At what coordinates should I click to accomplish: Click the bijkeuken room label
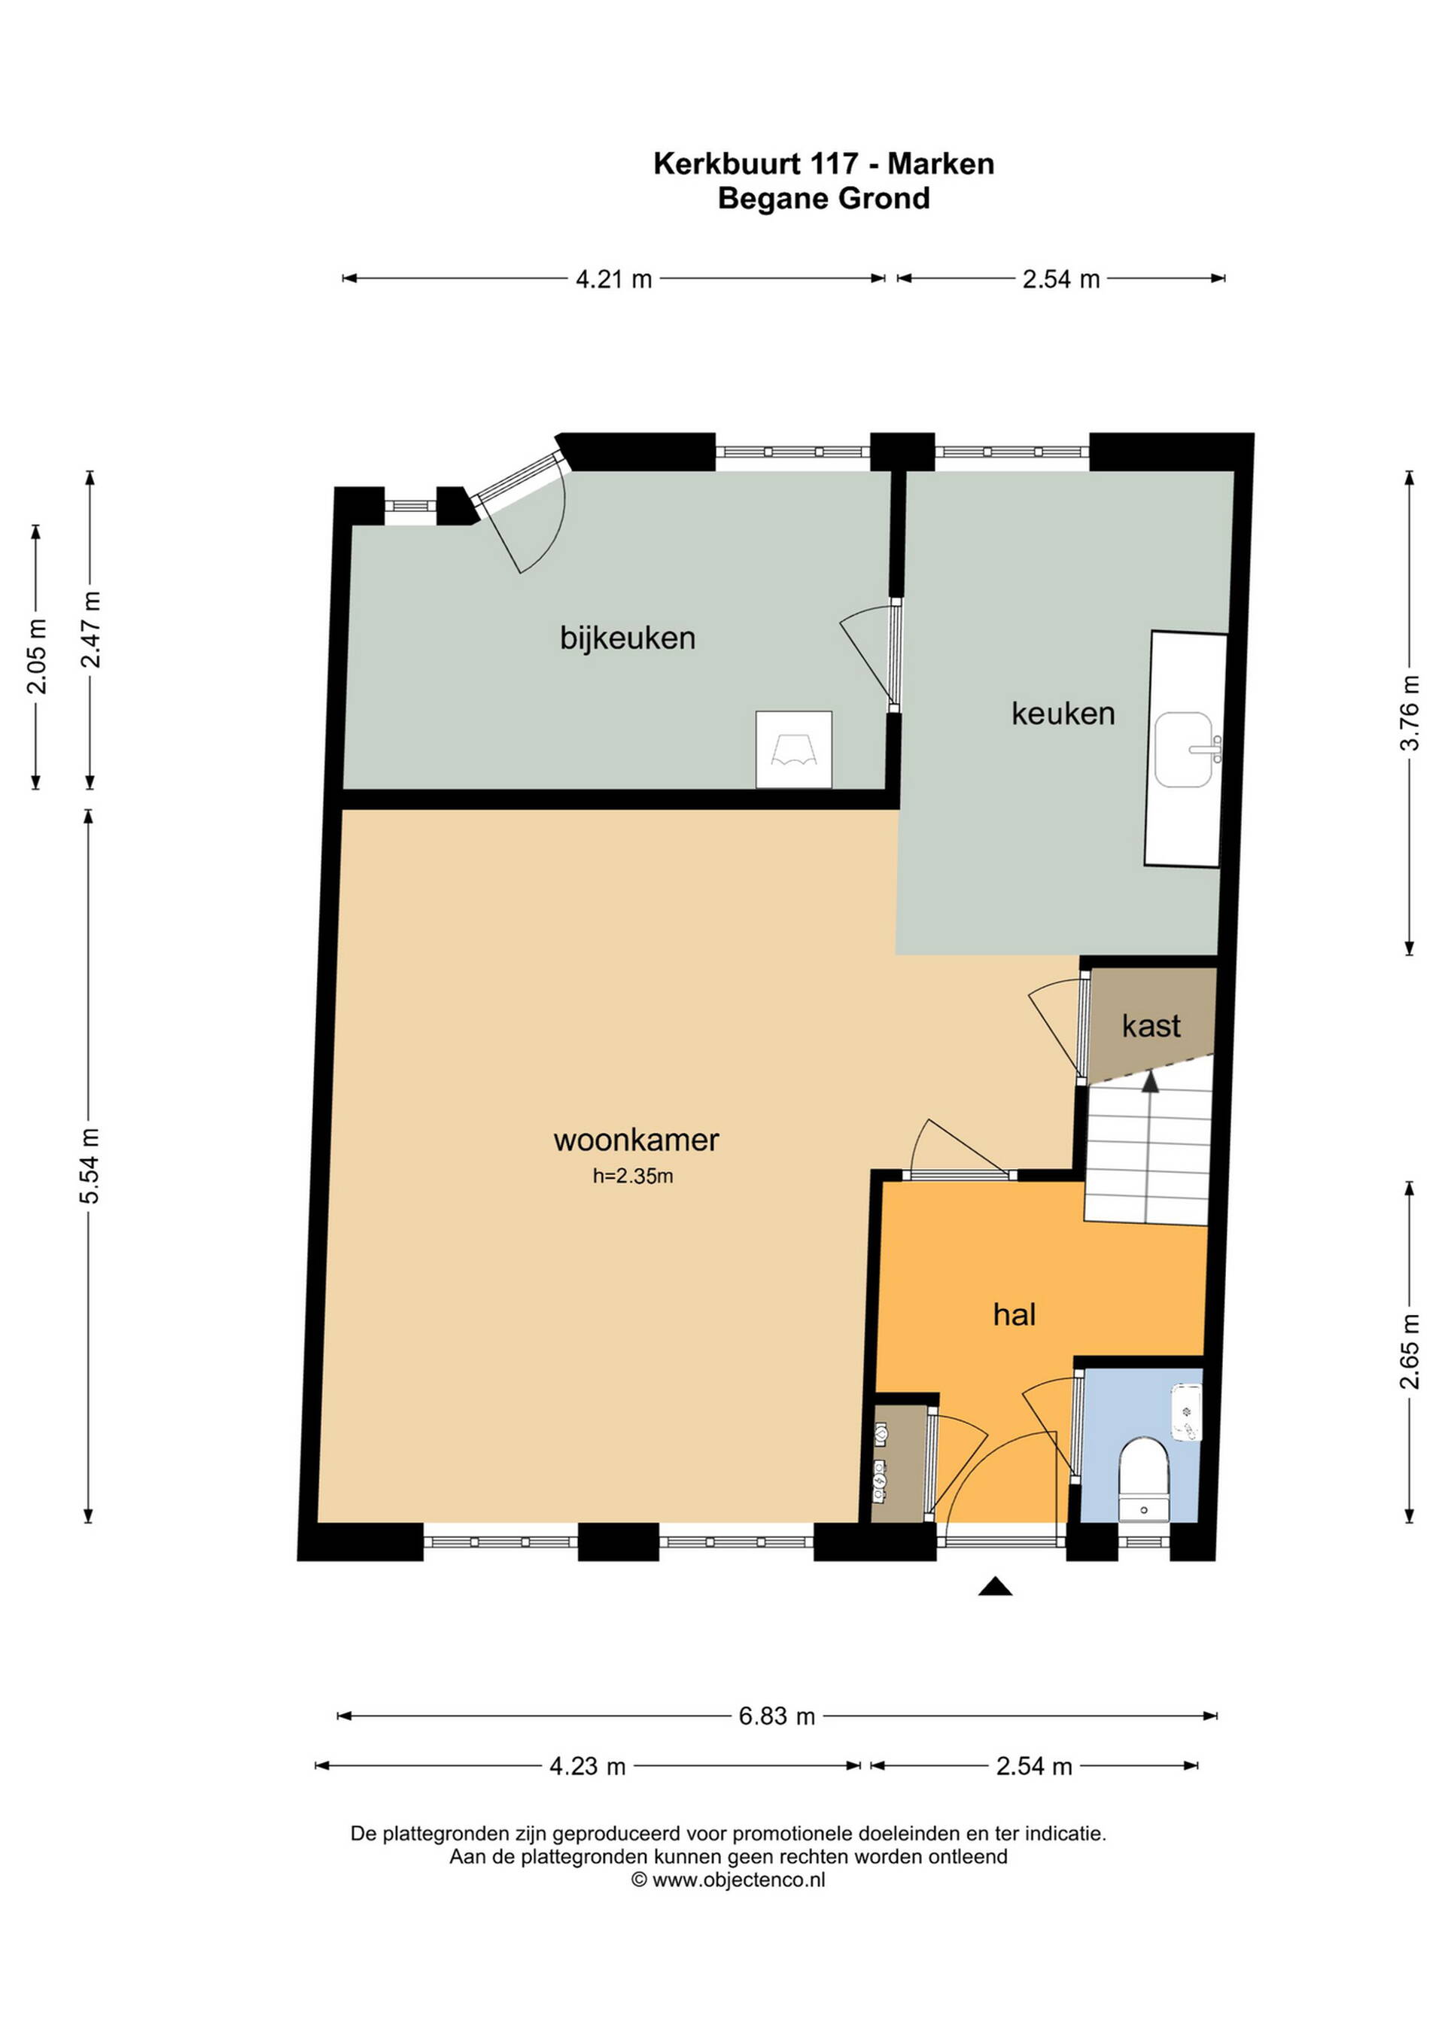click(x=627, y=638)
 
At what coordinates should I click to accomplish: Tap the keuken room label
click(x=1063, y=713)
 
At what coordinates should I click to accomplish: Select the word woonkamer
click(x=636, y=1140)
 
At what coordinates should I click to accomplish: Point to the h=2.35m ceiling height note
click(x=633, y=1177)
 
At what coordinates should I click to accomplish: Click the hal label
click(x=1015, y=1314)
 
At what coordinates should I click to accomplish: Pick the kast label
click(x=1151, y=1026)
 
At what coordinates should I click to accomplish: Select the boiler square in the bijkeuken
click(x=794, y=749)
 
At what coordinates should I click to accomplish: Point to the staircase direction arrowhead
click(x=1151, y=1081)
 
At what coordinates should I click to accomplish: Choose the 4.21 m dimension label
click(x=614, y=279)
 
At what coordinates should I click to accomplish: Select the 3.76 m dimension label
click(x=1410, y=713)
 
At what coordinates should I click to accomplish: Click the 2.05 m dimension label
click(x=36, y=656)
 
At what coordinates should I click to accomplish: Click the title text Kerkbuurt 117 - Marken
click(x=824, y=163)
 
